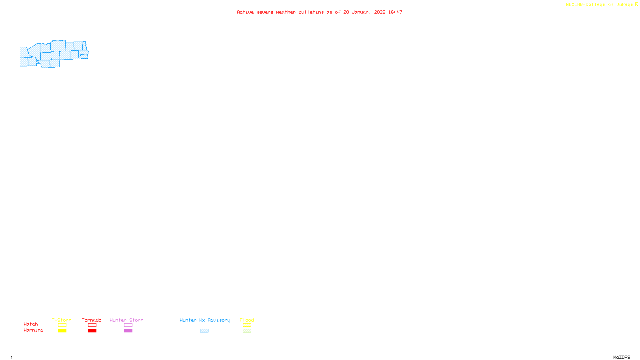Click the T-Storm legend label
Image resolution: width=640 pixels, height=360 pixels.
click(62, 320)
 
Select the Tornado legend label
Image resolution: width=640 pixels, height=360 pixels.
click(92, 320)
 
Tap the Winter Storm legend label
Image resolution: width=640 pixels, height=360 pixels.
click(126, 320)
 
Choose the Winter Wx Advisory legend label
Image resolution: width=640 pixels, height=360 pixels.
click(205, 320)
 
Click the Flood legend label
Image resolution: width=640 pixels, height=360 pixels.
click(247, 320)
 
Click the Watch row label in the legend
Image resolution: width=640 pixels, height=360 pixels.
click(31, 324)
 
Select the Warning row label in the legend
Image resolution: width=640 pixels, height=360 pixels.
click(34, 330)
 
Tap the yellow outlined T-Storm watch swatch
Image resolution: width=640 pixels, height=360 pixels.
click(62, 325)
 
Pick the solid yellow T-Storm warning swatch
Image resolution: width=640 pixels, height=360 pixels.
click(62, 331)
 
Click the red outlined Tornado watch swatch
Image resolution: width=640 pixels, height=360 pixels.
click(92, 325)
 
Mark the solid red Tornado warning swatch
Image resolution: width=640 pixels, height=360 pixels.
click(92, 331)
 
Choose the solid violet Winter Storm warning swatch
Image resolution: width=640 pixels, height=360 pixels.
click(128, 331)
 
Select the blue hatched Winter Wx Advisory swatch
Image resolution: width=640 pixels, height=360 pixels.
click(204, 331)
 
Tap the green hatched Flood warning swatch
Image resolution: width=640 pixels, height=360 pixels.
click(247, 331)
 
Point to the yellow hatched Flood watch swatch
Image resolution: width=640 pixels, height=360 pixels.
click(247, 325)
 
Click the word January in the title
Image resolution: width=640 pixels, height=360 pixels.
click(362, 12)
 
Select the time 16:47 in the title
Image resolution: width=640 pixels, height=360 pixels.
click(395, 12)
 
